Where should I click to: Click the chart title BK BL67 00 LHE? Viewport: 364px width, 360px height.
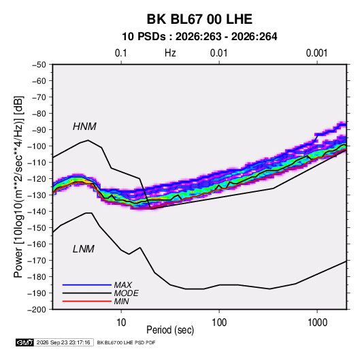(x=199, y=19)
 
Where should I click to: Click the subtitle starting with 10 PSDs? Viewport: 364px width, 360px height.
(x=199, y=37)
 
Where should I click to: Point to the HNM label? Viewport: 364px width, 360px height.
(x=84, y=127)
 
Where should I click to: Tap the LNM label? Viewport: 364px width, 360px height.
(x=84, y=249)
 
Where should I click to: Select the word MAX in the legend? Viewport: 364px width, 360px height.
(x=122, y=285)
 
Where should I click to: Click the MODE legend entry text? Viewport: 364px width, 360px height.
(x=127, y=293)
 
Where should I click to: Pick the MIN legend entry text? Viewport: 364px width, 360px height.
(x=121, y=301)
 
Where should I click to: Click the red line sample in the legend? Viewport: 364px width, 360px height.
(x=87, y=301)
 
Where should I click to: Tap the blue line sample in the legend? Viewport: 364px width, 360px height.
(x=87, y=285)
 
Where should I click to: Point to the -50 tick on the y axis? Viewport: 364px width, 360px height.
(x=39, y=65)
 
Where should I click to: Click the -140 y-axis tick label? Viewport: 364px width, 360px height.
(x=37, y=212)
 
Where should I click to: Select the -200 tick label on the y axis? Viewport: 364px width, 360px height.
(x=37, y=310)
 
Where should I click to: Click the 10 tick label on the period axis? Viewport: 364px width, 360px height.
(x=121, y=323)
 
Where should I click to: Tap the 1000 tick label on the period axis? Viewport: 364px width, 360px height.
(x=317, y=323)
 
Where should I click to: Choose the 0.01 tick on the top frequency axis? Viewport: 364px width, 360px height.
(x=218, y=53)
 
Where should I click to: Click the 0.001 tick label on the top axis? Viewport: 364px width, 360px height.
(x=316, y=53)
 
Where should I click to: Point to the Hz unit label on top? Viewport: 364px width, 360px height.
(x=170, y=53)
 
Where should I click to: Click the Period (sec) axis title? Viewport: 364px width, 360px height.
(x=170, y=330)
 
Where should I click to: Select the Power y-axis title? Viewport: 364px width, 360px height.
(x=18, y=187)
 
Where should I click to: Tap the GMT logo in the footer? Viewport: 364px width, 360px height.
(x=24, y=342)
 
